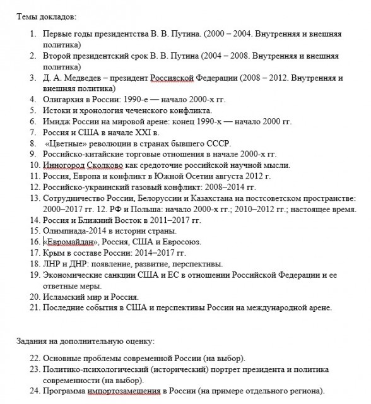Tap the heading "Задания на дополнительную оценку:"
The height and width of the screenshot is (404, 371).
[x=85, y=342]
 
